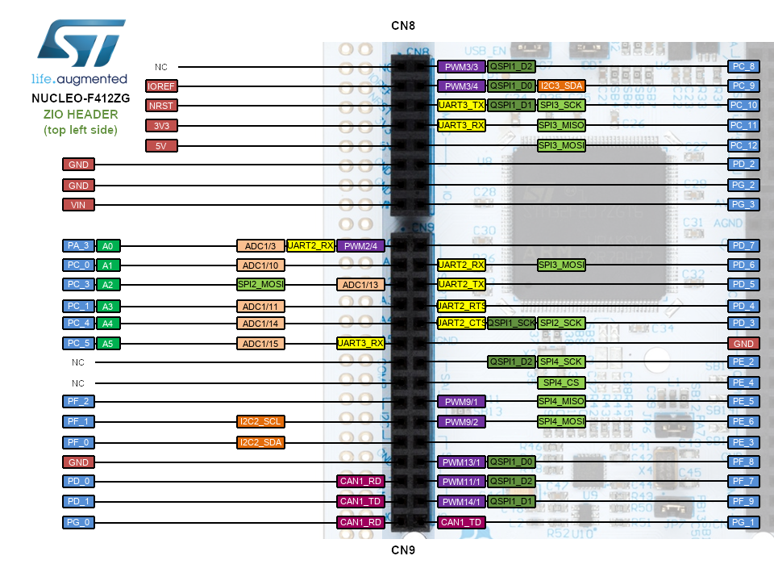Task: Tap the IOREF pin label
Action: [161, 86]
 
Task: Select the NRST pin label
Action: [161, 106]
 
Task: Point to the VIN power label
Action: [78, 205]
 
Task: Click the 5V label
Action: [161, 146]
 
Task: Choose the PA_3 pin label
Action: [78, 246]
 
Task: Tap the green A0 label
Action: [109, 246]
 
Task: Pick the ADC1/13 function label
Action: [360, 284]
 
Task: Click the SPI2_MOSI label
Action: [260, 284]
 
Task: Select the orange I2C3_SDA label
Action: [561, 86]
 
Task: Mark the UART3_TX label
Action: [461, 105]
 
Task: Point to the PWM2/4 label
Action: [360, 245]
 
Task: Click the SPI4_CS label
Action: [561, 382]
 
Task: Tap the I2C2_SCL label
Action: [260, 421]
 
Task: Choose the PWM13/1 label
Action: [461, 462]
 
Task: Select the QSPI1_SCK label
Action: [511, 323]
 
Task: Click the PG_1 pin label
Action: [743, 523]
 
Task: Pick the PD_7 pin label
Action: [743, 245]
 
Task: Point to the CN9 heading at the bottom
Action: [403, 550]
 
